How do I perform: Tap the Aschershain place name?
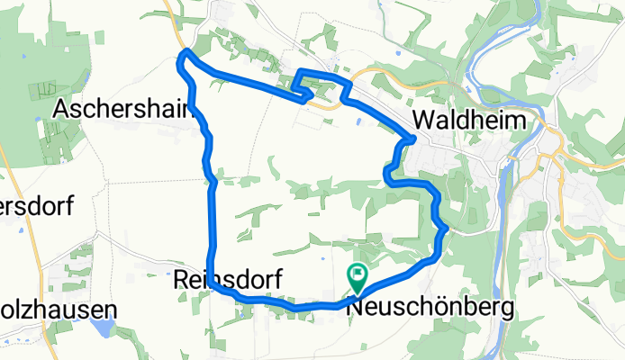[x=124, y=108]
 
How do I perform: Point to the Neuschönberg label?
[x=430, y=308]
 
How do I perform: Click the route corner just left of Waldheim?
[x=412, y=139]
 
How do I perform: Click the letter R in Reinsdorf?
[x=180, y=281]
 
